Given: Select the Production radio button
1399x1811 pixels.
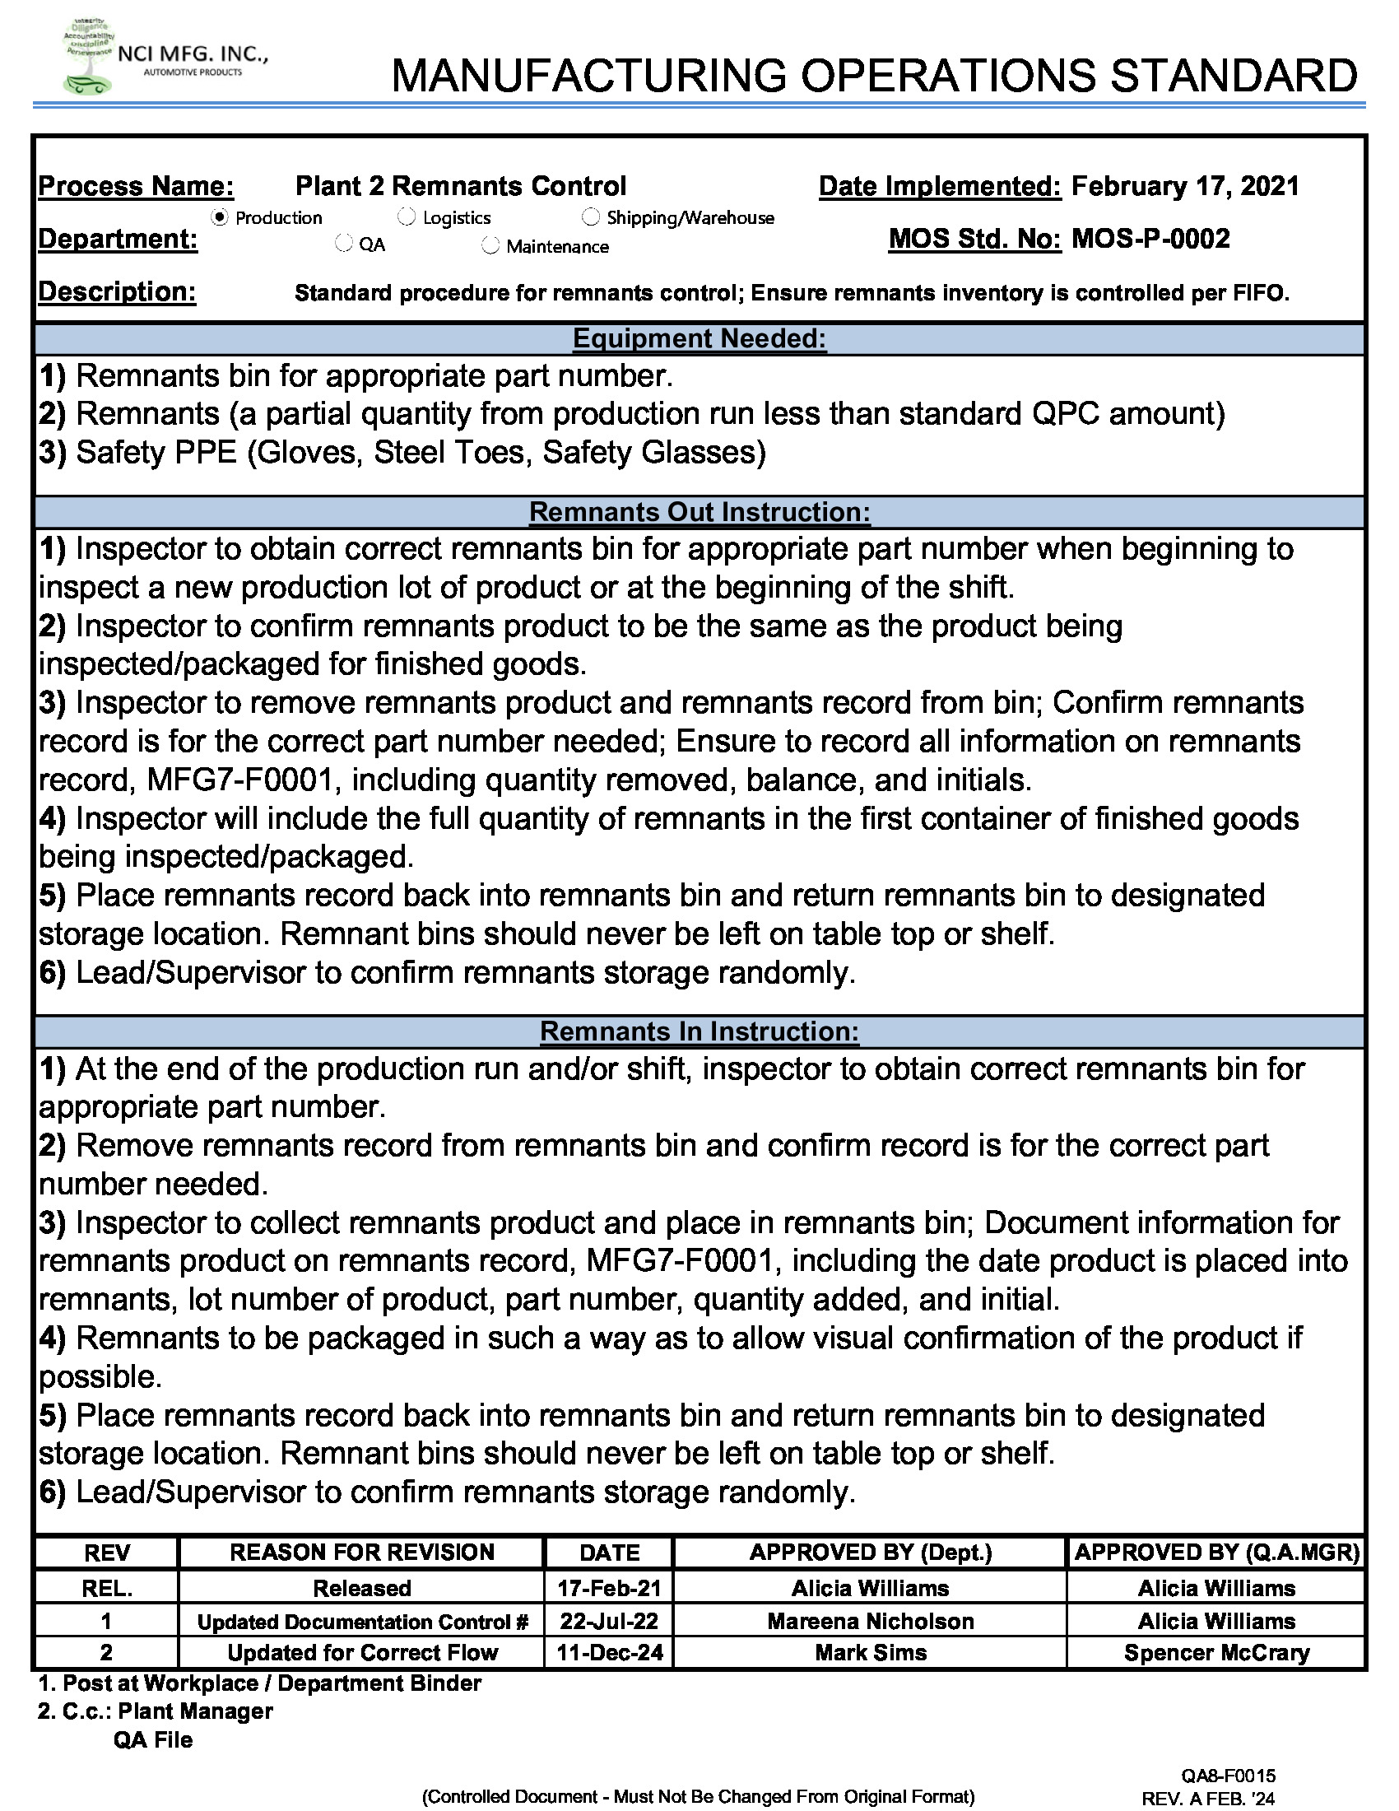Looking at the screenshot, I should coord(220,217).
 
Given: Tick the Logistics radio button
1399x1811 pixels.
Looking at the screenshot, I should coord(406,217).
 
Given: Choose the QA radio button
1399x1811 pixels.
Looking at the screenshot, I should coord(343,244).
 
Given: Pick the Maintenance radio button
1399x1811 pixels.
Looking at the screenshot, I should coord(490,245).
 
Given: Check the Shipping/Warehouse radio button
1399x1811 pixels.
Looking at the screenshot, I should coord(590,217).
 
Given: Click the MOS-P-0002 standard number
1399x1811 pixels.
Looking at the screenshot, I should coord(1150,240).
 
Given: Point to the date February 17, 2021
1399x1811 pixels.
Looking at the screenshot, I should coord(1184,186).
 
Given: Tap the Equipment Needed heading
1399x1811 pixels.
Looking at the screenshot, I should coord(699,338).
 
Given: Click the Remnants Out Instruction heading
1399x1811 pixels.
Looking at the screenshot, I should coord(699,512).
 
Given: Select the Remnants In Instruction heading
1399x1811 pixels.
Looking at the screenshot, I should coord(699,1031).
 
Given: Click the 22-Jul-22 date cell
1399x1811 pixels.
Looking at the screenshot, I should coord(609,1620).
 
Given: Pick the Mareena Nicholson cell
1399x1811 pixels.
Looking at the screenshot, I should coord(870,1620).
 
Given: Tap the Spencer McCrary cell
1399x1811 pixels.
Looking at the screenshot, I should coord(1215,1653).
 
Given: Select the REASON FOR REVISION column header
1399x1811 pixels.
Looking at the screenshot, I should coord(361,1553).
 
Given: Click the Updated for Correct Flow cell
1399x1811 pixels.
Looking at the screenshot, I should coord(362,1653).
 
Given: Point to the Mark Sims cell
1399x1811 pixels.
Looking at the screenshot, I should coord(870,1653).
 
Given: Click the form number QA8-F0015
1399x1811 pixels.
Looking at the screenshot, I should coord(1229,1776).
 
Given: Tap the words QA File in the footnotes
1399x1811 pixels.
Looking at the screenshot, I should coord(153,1739).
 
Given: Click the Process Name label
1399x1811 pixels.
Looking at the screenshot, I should coord(136,186).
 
